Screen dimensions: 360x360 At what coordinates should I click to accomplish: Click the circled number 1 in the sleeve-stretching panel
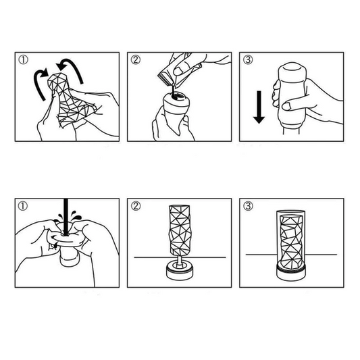(24, 60)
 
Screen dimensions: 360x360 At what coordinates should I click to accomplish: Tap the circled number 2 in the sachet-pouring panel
(136, 60)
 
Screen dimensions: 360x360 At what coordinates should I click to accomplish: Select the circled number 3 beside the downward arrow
(248, 60)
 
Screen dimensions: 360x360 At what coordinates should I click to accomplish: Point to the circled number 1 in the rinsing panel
(24, 206)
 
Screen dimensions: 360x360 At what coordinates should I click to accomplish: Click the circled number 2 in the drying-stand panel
(136, 206)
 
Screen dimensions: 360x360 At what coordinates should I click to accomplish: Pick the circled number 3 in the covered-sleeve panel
(248, 206)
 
